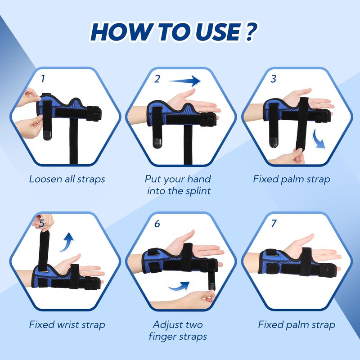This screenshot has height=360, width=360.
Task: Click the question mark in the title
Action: (251, 31)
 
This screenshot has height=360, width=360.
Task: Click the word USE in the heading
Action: (218, 31)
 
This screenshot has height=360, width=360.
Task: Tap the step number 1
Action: (43, 79)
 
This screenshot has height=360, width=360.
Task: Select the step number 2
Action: (157, 79)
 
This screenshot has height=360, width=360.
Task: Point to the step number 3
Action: (273, 79)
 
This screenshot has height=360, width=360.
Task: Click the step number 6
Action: (157, 223)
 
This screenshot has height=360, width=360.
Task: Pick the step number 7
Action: (274, 223)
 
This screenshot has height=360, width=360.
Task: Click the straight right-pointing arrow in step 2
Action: (184, 81)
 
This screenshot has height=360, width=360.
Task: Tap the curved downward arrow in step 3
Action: (319, 139)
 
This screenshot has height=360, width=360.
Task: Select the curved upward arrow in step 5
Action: (67, 242)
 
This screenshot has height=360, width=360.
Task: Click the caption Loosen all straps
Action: (67, 179)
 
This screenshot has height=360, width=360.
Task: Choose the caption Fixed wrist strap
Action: (67, 324)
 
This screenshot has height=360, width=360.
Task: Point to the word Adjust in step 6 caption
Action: (166, 325)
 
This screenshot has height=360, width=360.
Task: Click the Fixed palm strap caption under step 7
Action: (297, 324)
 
